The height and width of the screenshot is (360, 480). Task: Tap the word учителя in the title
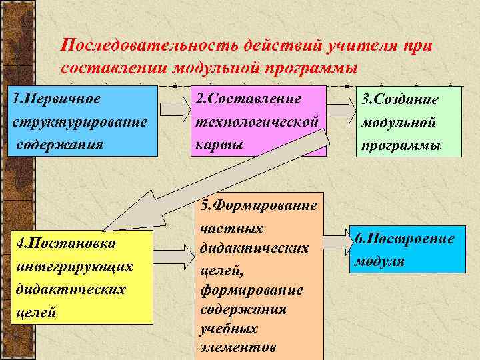(x=361, y=46)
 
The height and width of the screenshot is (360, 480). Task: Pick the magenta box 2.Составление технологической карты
(x=259, y=121)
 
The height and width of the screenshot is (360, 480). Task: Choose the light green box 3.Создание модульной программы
(x=408, y=122)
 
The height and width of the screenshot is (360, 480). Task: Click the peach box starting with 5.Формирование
(x=259, y=280)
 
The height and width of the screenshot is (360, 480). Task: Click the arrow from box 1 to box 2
(x=175, y=107)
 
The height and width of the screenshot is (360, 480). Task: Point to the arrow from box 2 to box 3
(x=341, y=107)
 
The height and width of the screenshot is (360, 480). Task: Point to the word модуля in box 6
(x=379, y=261)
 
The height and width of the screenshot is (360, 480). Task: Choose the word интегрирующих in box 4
(x=74, y=266)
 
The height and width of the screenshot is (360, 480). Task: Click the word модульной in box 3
(x=399, y=123)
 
